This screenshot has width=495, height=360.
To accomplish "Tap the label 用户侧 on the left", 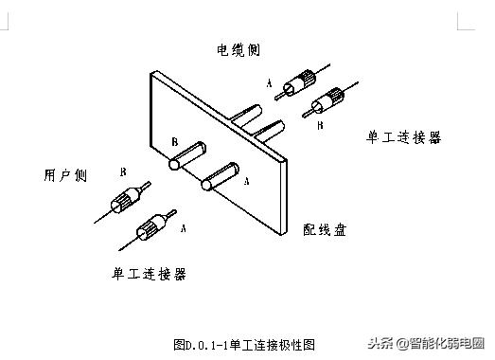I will [63, 176].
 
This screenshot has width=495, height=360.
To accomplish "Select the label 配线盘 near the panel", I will [324, 229].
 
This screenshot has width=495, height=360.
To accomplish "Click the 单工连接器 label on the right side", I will [404, 137].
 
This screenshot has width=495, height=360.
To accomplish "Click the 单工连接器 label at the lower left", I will [149, 274].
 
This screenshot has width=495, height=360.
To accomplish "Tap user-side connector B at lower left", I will [128, 200].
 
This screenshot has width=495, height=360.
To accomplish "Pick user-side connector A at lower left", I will [150, 227].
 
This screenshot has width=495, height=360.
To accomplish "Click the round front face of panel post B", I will [174, 164].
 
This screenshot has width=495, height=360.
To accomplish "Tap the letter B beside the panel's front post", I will [175, 141].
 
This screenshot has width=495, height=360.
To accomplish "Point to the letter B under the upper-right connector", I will [320, 124].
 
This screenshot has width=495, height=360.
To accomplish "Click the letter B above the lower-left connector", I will [124, 171].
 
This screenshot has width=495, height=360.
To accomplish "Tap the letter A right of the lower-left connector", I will [183, 228].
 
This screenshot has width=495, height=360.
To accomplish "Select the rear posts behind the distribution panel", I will [264, 123].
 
